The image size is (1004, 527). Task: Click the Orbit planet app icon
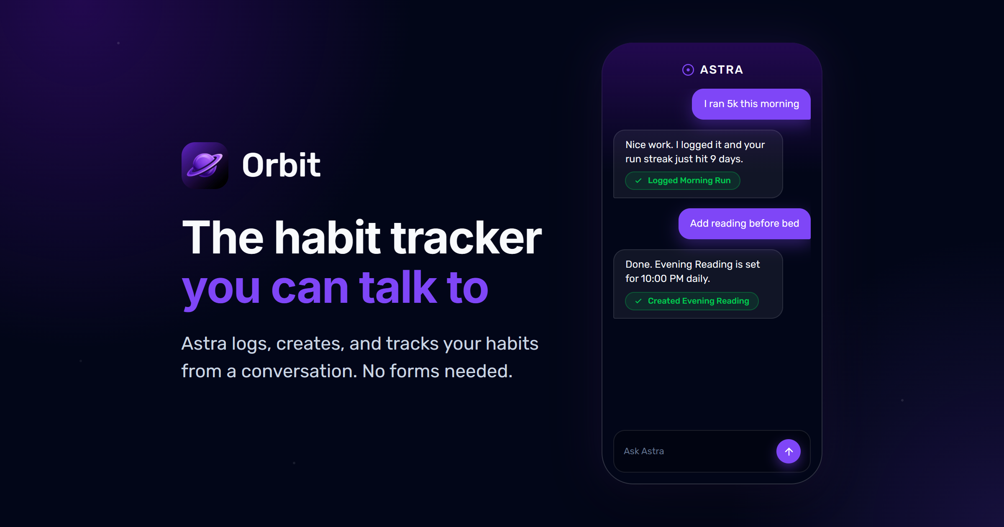pos(205,166)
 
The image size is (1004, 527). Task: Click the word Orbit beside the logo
pos(281,165)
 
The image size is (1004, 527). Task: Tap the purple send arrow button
pos(789,451)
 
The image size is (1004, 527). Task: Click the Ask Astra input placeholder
pos(644,451)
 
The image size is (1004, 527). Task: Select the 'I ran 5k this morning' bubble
pos(751,104)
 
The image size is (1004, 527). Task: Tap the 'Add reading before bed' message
pos(745,224)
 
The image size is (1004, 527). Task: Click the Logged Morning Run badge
pos(683,181)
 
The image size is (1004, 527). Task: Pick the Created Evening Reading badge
pos(692,301)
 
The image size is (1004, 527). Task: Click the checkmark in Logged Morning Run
pos(638,181)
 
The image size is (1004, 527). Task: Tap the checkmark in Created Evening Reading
pos(638,301)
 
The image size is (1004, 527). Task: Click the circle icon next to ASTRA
pos(688,70)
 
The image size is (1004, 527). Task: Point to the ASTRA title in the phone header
pos(722,70)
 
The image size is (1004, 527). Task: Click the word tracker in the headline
pos(466,238)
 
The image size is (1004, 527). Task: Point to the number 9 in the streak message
pos(713,159)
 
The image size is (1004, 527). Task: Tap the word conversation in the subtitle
pos(299,371)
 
